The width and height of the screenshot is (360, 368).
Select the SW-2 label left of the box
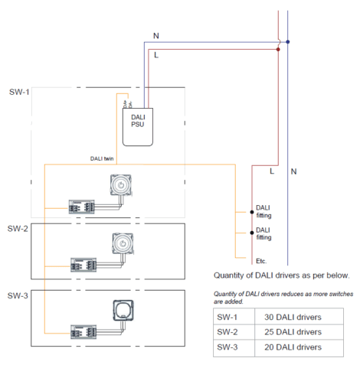pos(18,229)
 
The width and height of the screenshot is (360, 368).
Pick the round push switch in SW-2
pos(121,243)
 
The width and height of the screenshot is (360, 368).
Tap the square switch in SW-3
pos(121,309)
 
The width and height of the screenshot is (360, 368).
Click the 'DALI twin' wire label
pos(102,159)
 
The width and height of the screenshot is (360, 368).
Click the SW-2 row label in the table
pos(227,332)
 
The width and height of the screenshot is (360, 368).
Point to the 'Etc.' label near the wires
pos(261,260)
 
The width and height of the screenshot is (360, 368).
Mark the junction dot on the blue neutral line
pos(287,41)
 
